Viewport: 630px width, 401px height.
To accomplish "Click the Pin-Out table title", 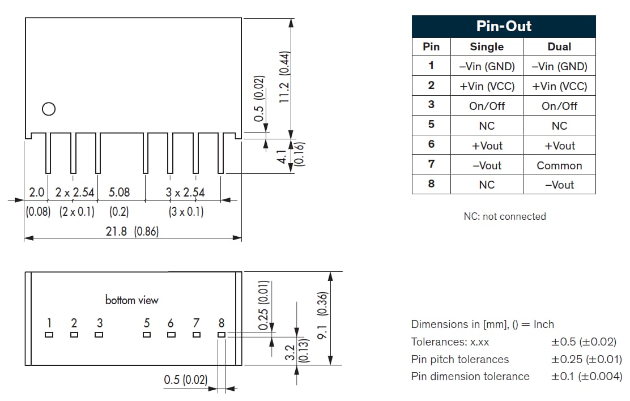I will pyautogui.click(x=504, y=27).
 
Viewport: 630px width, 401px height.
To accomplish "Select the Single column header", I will pyautogui.click(x=487, y=47).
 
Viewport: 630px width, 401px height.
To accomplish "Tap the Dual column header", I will pyautogui.click(x=559, y=47).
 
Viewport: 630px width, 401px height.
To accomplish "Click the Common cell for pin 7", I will pyautogui.click(x=559, y=165).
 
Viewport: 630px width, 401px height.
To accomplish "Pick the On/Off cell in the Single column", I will pyautogui.click(x=487, y=106).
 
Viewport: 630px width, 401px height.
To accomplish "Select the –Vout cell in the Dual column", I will pyautogui.click(x=559, y=185).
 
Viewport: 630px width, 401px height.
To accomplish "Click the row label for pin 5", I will pyautogui.click(x=431, y=125).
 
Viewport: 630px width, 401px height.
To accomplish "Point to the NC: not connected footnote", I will pyautogui.click(x=504, y=216).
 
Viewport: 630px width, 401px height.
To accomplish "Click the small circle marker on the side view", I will pyautogui.click(x=49, y=109).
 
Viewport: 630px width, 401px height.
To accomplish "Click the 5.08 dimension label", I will pyautogui.click(x=119, y=193).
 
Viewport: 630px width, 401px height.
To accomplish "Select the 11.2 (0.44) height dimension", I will pyautogui.click(x=284, y=76).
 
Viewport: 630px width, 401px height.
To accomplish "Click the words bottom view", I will pyautogui.click(x=132, y=300).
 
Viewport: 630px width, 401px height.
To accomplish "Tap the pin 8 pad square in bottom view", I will pyautogui.click(x=222, y=335).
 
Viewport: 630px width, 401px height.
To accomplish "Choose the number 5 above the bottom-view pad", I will pyautogui.click(x=147, y=323).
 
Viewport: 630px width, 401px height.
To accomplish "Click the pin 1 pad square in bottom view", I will pyautogui.click(x=49, y=335).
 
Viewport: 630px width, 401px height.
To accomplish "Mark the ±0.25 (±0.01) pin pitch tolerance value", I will pyautogui.click(x=586, y=359).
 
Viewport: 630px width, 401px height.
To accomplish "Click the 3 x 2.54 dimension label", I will pyautogui.click(x=185, y=193).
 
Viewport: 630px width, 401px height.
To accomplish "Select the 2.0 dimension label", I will pyautogui.click(x=36, y=193).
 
